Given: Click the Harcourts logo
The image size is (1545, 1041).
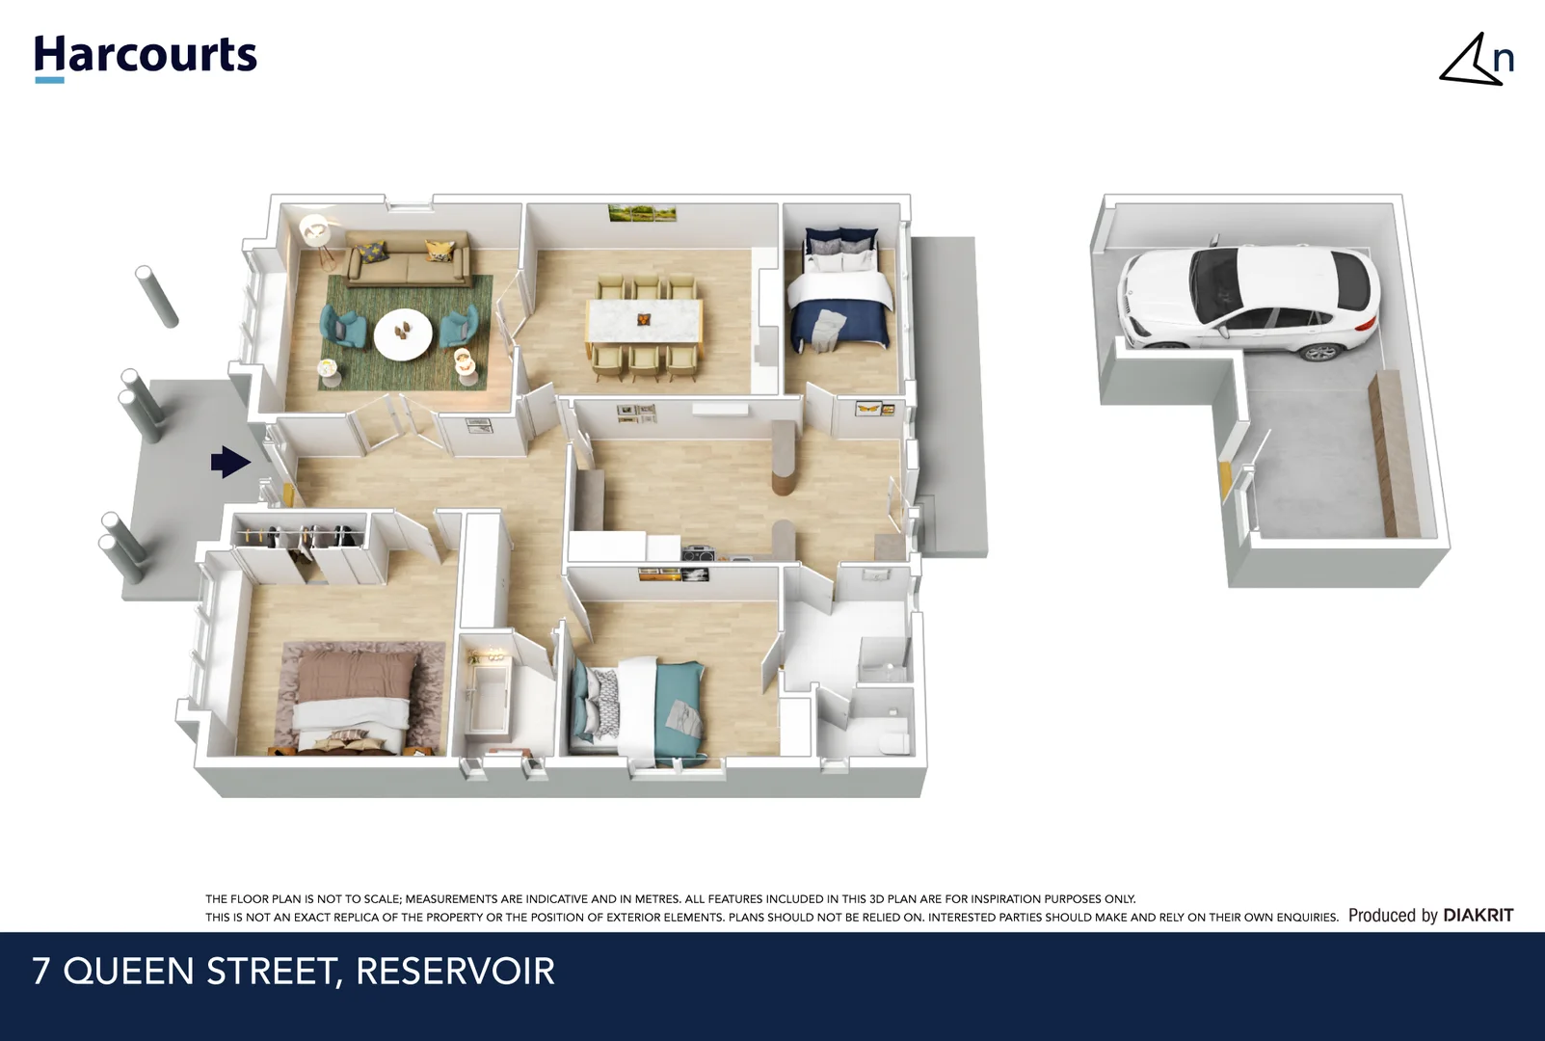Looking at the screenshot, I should click(x=146, y=56).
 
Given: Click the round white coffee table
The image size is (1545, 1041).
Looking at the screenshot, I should click(x=404, y=334).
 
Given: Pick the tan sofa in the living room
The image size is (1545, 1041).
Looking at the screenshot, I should click(x=408, y=259).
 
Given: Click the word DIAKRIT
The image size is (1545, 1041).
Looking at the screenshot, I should click(x=1478, y=916).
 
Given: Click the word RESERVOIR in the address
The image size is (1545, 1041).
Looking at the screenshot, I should click(x=455, y=972).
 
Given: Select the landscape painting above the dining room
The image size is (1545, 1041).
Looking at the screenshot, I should click(x=642, y=212).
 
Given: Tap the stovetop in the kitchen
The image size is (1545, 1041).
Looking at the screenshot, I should click(x=699, y=553).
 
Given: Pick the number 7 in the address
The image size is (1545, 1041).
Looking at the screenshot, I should click(x=40, y=972).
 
